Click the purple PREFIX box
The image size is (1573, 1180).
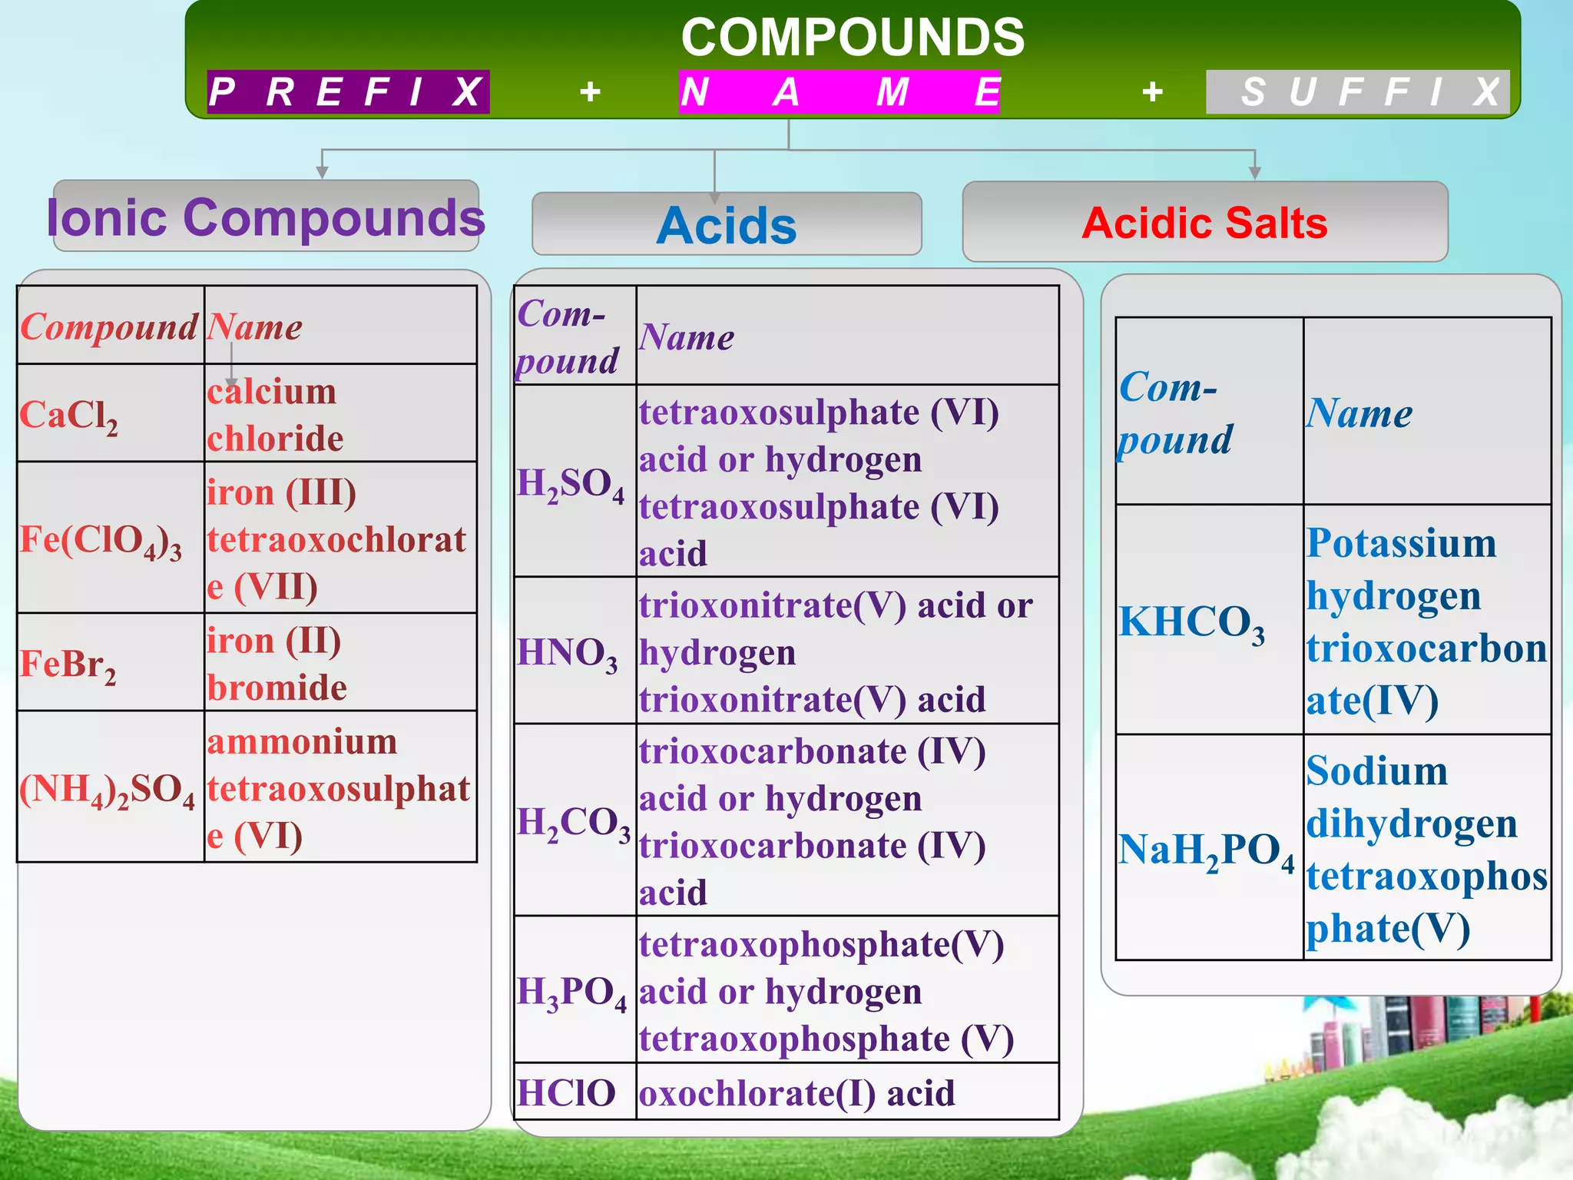click(348, 92)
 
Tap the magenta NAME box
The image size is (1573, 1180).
click(839, 92)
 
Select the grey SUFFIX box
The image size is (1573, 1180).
click(1357, 92)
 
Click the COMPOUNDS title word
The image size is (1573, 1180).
click(853, 37)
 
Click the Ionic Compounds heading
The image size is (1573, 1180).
click(266, 217)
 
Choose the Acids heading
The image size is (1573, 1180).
click(727, 225)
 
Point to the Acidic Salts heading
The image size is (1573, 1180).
click(1204, 223)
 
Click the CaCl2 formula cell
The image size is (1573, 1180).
click(69, 416)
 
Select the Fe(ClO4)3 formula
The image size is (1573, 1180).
click(101, 540)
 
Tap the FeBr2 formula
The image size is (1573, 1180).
click(68, 665)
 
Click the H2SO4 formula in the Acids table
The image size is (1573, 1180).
click(571, 484)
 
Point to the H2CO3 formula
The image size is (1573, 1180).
click(573, 823)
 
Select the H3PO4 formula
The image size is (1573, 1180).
click(571, 993)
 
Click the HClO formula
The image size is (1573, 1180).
click(566, 1092)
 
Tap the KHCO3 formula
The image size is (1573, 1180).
click(1191, 622)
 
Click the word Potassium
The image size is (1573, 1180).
click(1401, 543)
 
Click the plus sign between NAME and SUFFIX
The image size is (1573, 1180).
click(1152, 92)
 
